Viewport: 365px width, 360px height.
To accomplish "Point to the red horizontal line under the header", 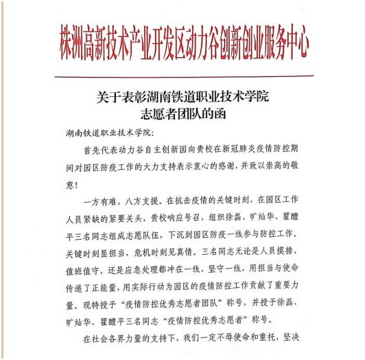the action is [x=182, y=76].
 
